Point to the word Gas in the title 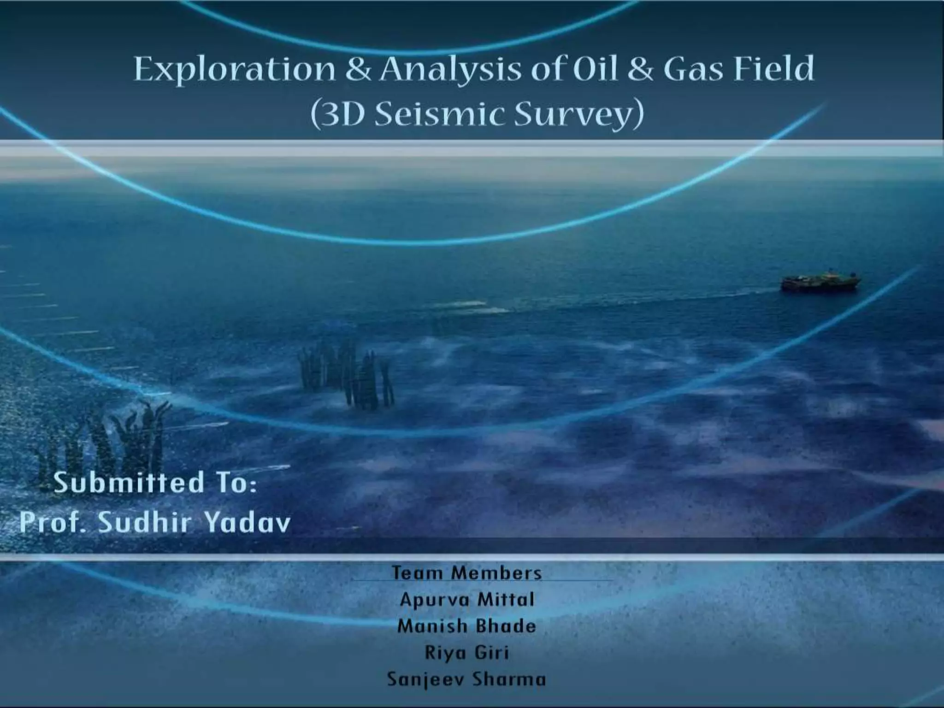coord(693,69)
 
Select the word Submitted coord(129,483)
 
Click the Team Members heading coord(466,573)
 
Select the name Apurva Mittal coord(466,600)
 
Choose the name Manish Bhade coord(466,626)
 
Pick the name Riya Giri coord(466,653)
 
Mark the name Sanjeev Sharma coord(466,679)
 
